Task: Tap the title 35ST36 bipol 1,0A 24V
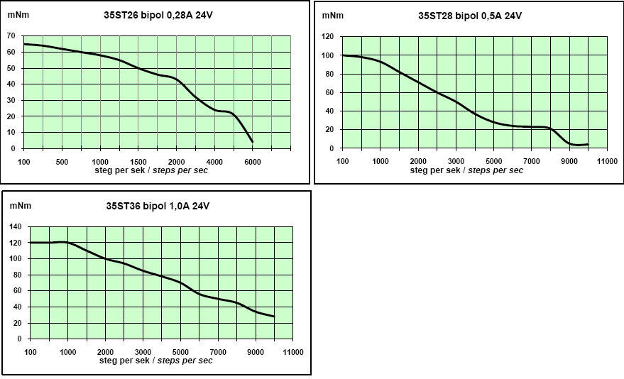pyautogui.click(x=158, y=207)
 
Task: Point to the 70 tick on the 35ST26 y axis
pyautogui.click(x=11, y=35)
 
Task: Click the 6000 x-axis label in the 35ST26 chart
pyautogui.click(x=252, y=162)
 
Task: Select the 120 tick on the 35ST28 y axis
pyautogui.click(x=327, y=36)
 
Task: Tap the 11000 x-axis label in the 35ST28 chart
pyautogui.click(x=607, y=162)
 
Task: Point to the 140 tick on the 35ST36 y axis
pyautogui.click(x=16, y=227)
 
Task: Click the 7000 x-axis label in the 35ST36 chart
pyautogui.click(x=219, y=352)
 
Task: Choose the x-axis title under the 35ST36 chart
pyautogui.click(x=157, y=361)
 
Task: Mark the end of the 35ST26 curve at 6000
pyautogui.click(x=252, y=142)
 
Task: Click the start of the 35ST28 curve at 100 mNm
pyautogui.click(x=344, y=55)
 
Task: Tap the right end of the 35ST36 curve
pyautogui.click(x=274, y=317)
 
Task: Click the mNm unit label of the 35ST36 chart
pyautogui.click(x=18, y=207)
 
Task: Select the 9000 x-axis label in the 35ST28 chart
pyautogui.click(x=569, y=162)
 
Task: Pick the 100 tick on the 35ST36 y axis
pyautogui.click(x=16, y=259)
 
